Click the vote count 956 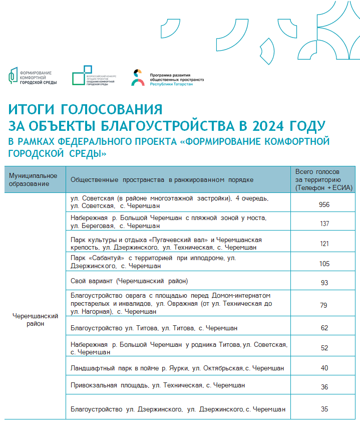click(x=324, y=204)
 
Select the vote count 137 click(x=324, y=224)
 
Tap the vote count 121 click(x=324, y=244)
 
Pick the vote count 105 click(x=324, y=263)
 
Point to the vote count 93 click(x=324, y=283)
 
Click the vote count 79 click(x=324, y=304)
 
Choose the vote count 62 click(x=324, y=328)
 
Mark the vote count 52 click(x=324, y=348)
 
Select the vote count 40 click(x=324, y=368)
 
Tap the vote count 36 click(x=324, y=386)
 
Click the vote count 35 click(x=324, y=409)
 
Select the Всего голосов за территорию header click(x=324, y=179)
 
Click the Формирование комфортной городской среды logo click(x=33, y=77)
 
